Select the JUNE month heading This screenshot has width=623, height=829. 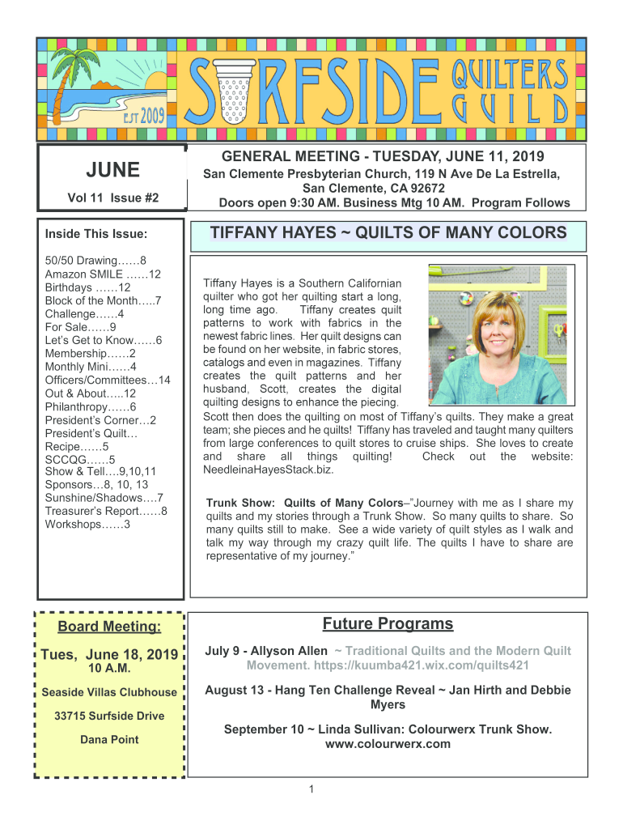click(x=112, y=170)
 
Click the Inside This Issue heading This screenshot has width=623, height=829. click(x=96, y=235)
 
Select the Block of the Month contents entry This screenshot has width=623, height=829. click(x=103, y=300)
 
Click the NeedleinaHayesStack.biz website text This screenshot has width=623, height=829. click(x=268, y=469)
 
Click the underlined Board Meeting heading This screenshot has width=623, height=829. click(x=109, y=627)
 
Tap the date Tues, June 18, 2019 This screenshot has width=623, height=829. click(x=110, y=655)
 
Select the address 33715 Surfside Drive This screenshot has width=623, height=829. click(x=109, y=716)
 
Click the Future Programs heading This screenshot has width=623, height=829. click(x=388, y=624)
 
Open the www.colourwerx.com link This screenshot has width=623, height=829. click(x=388, y=743)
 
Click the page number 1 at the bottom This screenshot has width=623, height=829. click(x=311, y=790)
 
